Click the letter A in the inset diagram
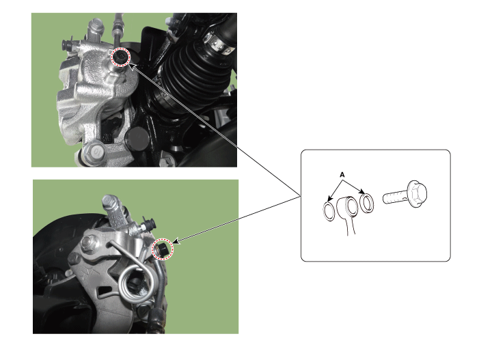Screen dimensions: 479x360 pyautogui.click(x=342, y=175)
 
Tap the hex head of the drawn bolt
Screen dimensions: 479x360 pyautogui.click(x=417, y=193)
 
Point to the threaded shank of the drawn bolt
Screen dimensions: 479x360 pyautogui.click(x=395, y=197)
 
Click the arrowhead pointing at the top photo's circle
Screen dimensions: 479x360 pyautogui.click(x=133, y=66)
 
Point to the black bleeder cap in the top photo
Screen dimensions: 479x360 pyautogui.click(x=66, y=45)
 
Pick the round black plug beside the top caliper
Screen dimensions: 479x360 pyautogui.click(x=137, y=138)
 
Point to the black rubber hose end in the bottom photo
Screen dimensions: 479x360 pyautogui.click(x=157, y=320)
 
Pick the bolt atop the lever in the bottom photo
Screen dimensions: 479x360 pyautogui.click(x=109, y=202)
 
